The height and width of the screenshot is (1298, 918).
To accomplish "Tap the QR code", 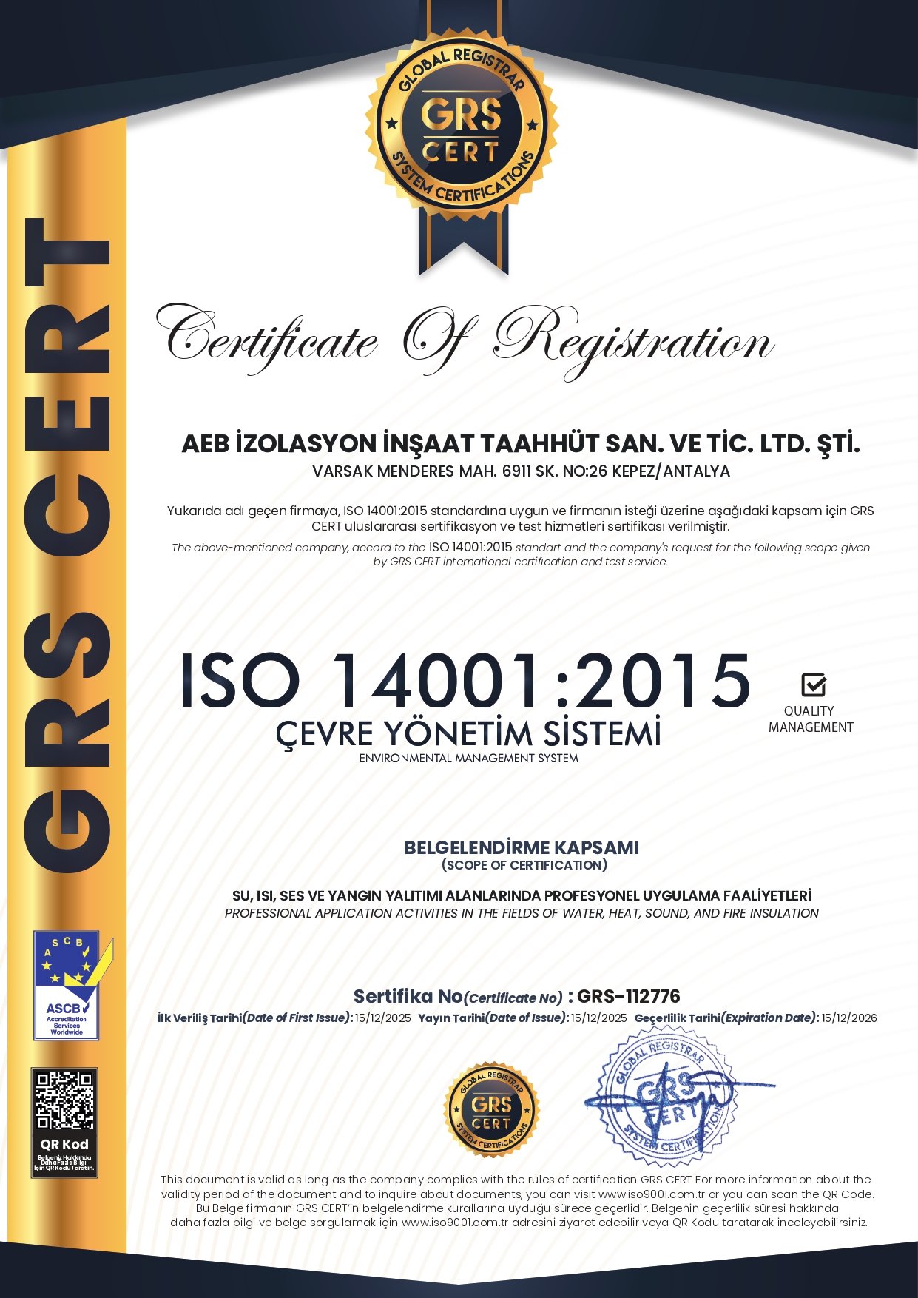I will coord(65,1100).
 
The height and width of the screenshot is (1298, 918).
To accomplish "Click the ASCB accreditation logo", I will coord(67,985).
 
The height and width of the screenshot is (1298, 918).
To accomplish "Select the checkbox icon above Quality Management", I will coord(813,685).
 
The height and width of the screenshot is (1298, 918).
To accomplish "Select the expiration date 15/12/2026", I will coord(849,1018).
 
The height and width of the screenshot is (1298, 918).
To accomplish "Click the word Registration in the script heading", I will coord(633,341).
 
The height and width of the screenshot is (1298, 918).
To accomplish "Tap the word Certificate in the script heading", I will coord(271,341).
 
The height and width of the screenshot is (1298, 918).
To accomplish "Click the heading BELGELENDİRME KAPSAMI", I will coord(521,847).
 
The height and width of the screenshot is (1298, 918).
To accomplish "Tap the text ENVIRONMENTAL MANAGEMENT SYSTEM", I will coord(468,759).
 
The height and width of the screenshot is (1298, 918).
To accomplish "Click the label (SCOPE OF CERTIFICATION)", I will coord(524,865).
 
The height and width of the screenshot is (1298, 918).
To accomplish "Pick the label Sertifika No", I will coord(408,996).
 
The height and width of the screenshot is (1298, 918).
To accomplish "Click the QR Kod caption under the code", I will coord(64,1144).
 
